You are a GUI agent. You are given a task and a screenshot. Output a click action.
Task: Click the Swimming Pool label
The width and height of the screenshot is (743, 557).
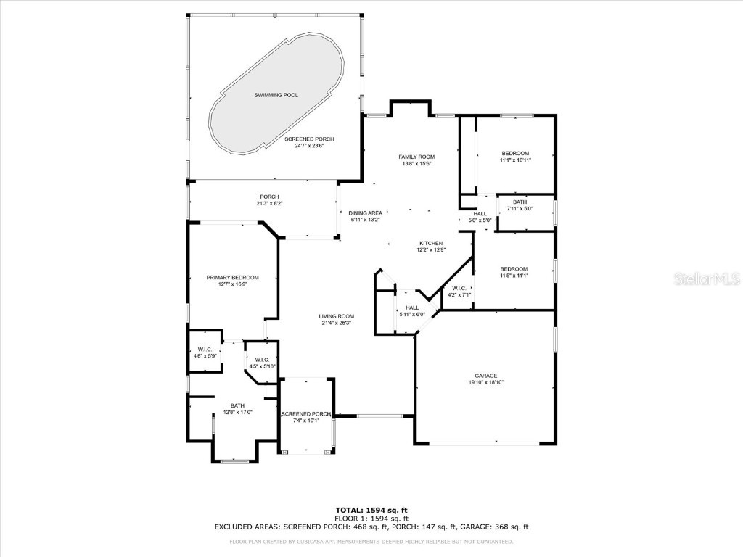point(276,95)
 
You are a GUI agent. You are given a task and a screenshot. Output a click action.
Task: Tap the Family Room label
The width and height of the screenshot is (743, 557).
point(416,157)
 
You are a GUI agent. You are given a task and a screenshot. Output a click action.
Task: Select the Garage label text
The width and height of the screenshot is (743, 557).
point(486,376)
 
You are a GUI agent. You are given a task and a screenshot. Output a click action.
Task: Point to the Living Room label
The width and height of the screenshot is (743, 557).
point(337,316)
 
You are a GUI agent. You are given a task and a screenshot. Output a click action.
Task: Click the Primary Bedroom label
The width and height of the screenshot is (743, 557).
point(232,278)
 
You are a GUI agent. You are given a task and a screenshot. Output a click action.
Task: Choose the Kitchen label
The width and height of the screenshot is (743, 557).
point(431,244)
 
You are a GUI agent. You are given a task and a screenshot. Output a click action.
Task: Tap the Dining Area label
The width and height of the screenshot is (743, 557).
point(366,213)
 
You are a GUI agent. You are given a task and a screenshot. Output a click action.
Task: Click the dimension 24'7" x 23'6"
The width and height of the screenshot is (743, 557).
point(309,146)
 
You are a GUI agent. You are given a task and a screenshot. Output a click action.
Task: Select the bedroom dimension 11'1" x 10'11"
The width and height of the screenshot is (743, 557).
point(516,160)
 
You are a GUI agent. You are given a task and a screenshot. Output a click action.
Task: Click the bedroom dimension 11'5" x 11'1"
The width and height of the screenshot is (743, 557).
point(514,276)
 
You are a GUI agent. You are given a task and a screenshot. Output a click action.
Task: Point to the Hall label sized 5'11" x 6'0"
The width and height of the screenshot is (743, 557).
point(412,308)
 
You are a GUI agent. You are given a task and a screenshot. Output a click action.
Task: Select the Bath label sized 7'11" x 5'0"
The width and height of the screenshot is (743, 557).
point(520,202)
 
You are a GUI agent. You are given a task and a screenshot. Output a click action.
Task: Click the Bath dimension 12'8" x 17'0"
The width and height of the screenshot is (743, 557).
point(237,413)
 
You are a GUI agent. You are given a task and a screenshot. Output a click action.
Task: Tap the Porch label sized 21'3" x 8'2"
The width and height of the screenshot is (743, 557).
point(270,197)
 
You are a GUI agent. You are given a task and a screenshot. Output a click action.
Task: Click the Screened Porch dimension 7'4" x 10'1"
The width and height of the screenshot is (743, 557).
point(306,421)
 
